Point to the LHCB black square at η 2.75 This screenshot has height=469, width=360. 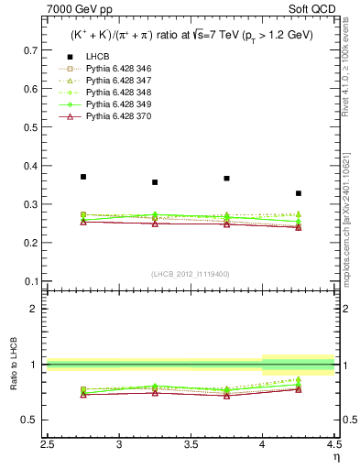[x=83, y=177]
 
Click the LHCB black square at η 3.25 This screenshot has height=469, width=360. [x=155, y=182]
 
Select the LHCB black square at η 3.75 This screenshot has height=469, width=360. [x=226, y=179]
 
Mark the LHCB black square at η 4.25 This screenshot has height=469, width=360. [x=299, y=193]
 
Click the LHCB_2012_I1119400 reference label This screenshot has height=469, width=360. [x=190, y=274]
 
